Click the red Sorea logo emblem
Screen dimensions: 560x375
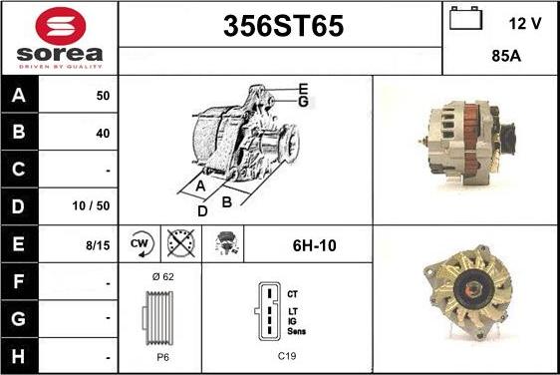pyautogui.click(x=61, y=26)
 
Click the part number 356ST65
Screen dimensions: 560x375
pyautogui.click(x=283, y=26)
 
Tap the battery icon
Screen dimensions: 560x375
pyautogui.click(x=465, y=18)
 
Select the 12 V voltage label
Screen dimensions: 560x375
pyautogui.click(x=525, y=24)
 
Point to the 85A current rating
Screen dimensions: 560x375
pyautogui.click(x=506, y=56)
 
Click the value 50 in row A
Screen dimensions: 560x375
pyautogui.click(x=103, y=96)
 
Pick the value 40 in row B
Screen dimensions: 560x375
pyautogui.click(x=103, y=134)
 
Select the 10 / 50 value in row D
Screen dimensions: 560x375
pyautogui.click(x=91, y=205)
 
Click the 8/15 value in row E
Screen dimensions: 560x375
pyautogui.click(x=98, y=245)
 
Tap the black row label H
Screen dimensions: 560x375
pyautogui.click(x=18, y=356)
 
